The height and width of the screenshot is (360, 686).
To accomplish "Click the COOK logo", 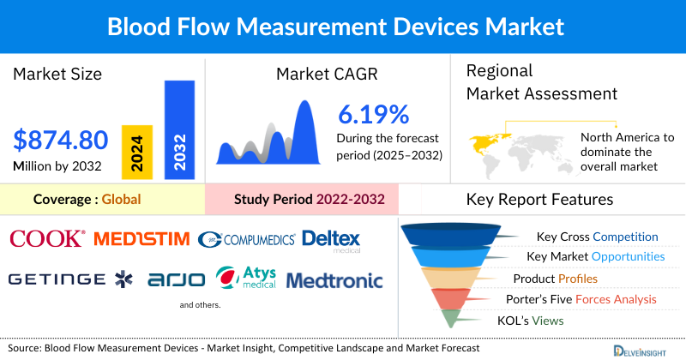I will [x=47, y=238].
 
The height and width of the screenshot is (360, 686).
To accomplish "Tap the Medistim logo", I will [x=141, y=238].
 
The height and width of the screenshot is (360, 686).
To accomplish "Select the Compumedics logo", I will [x=246, y=239].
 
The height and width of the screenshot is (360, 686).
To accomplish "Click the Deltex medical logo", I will [x=331, y=239].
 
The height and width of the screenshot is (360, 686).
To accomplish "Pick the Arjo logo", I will [x=177, y=279].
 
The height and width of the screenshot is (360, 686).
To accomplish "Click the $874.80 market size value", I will [x=61, y=139].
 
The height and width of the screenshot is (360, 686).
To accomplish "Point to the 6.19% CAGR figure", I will [x=373, y=114].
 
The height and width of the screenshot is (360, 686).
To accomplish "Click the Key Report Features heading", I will [x=539, y=200].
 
